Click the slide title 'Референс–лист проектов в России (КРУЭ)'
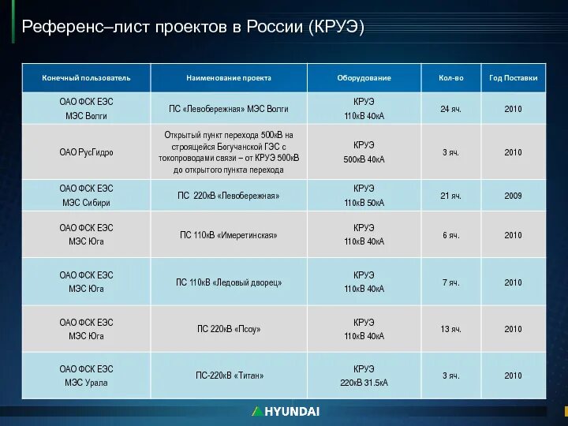coord(193,27)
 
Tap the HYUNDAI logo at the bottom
coord(286,411)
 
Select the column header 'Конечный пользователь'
coord(86,78)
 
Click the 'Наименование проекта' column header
coord(229,78)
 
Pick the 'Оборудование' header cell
coord(364,78)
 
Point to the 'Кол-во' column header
coord(450,78)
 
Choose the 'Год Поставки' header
coord(513,78)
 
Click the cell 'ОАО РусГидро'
coord(86,152)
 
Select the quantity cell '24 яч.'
coord(450,109)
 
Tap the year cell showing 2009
coord(513,196)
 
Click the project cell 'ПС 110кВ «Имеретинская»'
coord(229,235)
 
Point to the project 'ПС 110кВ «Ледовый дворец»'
coord(229,282)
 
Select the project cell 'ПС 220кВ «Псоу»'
coord(229,329)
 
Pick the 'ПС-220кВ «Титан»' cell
coord(229,376)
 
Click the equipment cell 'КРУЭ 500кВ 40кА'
coord(364,152)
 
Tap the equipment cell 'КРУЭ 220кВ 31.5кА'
coord(364,376)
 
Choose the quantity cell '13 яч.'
coord(450,329)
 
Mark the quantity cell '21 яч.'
coord(450,196)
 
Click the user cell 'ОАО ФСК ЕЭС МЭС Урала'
coord(86,376)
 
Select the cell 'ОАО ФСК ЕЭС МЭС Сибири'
coord(86,196)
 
